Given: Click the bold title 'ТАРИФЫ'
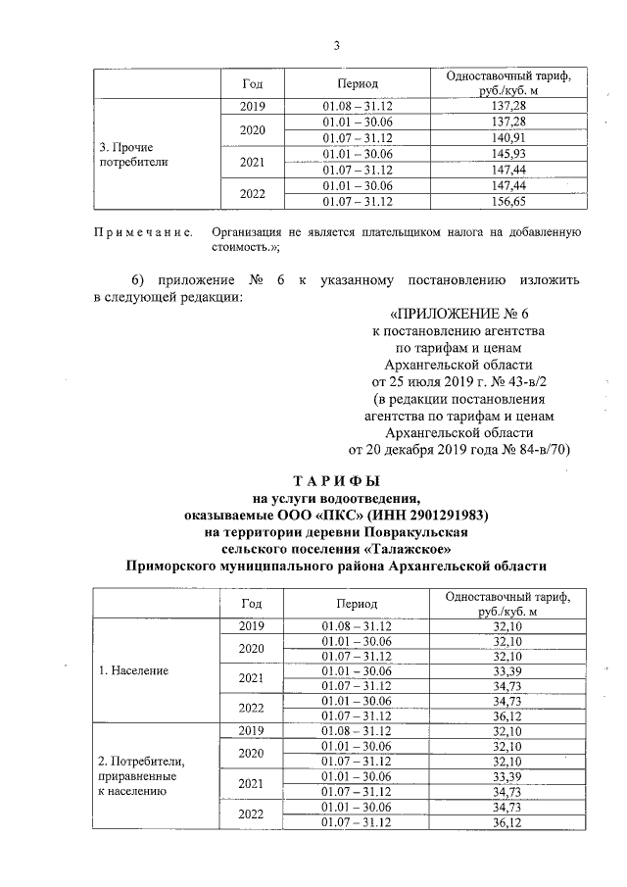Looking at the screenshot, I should (336, 481).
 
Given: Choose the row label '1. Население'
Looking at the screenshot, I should (133, 671).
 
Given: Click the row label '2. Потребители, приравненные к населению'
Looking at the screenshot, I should (135, 773).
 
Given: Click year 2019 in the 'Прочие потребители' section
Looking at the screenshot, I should (253, 105).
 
